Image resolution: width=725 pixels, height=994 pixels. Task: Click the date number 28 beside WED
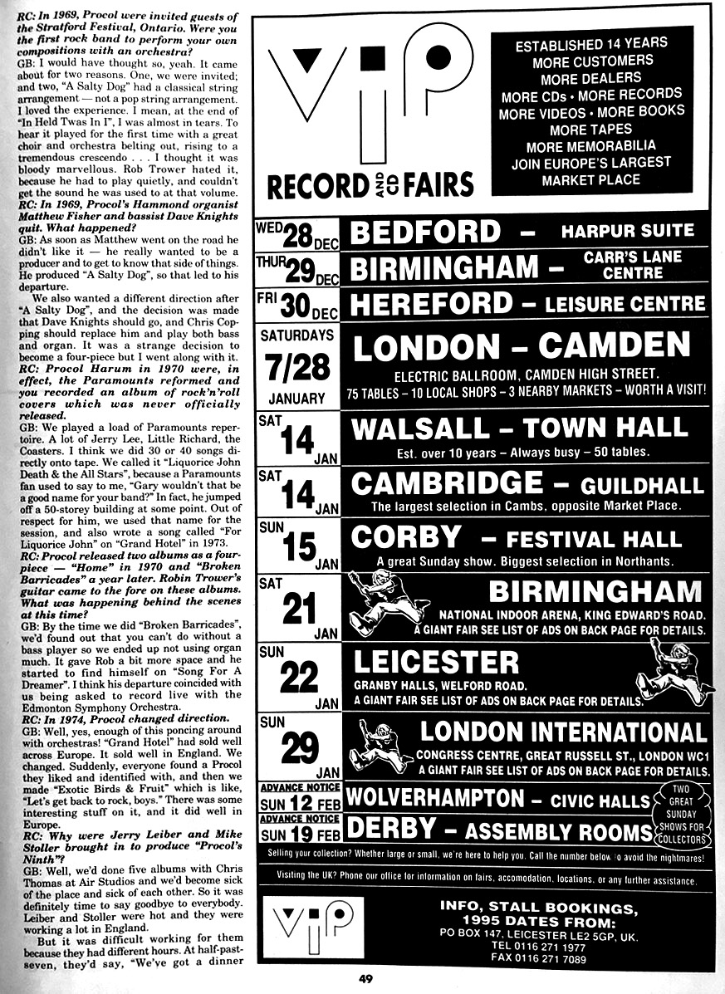(297, 237)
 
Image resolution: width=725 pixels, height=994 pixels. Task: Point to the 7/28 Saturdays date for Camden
(297, 367)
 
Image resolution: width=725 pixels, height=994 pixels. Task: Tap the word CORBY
(405, 537)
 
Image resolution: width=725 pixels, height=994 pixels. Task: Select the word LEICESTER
(436, 662)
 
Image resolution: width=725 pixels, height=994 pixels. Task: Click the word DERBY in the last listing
(389, 829)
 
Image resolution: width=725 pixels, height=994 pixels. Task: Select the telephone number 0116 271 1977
(549, 945)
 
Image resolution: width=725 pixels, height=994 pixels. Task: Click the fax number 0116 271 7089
(549, 958)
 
